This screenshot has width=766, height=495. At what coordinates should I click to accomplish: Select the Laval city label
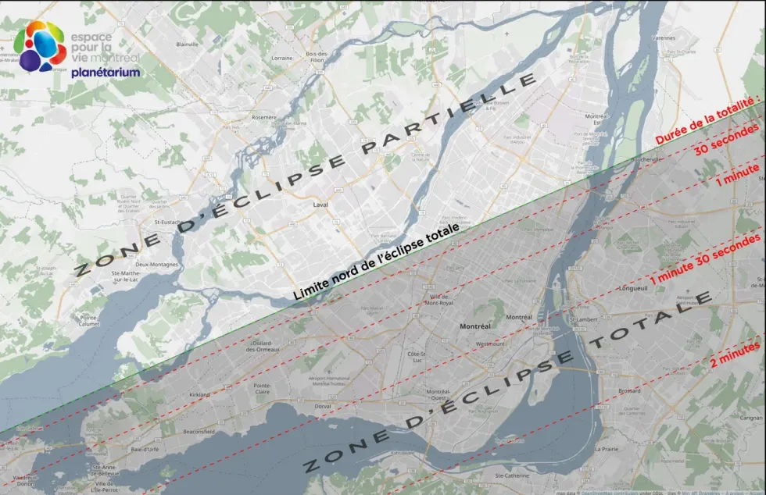pos(320,205)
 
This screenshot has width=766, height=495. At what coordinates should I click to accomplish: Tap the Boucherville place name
pos(632,164)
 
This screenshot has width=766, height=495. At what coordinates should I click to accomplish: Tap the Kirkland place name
pos(200,395)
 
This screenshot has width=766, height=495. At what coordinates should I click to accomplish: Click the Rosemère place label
pos(263,116)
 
